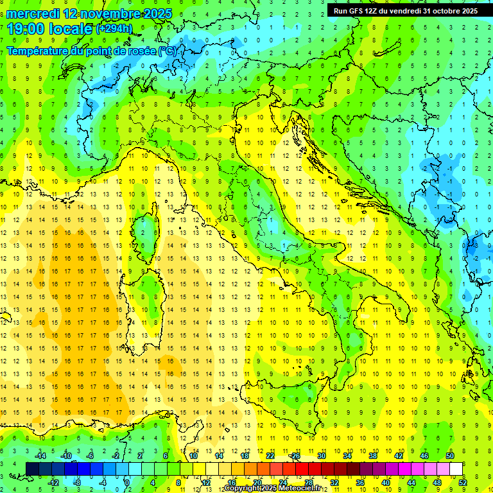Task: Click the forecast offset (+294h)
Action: (x=114, y=29)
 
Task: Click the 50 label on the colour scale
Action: (x=450, y=456)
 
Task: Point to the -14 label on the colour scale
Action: (x=41, y=456)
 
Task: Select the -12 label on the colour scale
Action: (x=53, y=483)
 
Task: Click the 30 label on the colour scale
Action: (x=321, y=456)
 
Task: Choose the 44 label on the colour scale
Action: (x=411, y=483)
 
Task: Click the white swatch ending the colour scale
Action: (x=456, y=469)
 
